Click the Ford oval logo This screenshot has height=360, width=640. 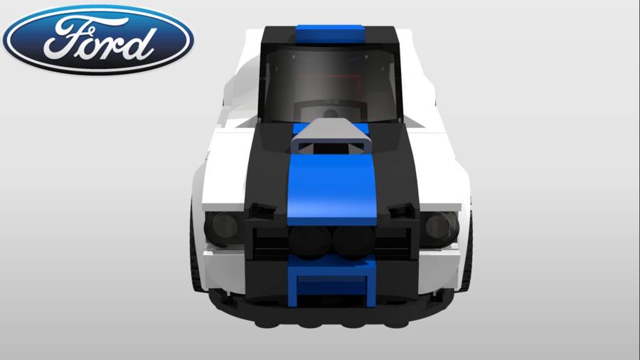point(98,40)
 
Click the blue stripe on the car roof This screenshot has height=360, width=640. point(330,34)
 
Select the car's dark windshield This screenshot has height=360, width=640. point(331,85)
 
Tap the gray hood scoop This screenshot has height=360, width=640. point(331,137)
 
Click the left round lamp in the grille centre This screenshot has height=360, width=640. point(310,240)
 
